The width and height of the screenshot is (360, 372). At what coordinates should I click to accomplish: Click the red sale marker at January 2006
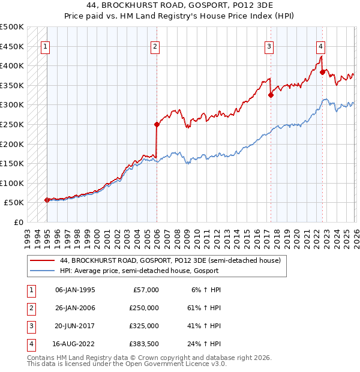coord(157,125)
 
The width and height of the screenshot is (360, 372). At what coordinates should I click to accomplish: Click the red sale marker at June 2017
coord(271,95)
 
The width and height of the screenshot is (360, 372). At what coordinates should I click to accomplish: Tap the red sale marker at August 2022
coord(322,73)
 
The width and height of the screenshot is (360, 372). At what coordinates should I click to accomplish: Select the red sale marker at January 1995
coord(47,200)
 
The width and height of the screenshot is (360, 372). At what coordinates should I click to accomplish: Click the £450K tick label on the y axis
coord(12,46)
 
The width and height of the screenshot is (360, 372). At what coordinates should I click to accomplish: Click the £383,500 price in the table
coord(144,344)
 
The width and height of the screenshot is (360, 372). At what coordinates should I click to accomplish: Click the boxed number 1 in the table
coord(30,290)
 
